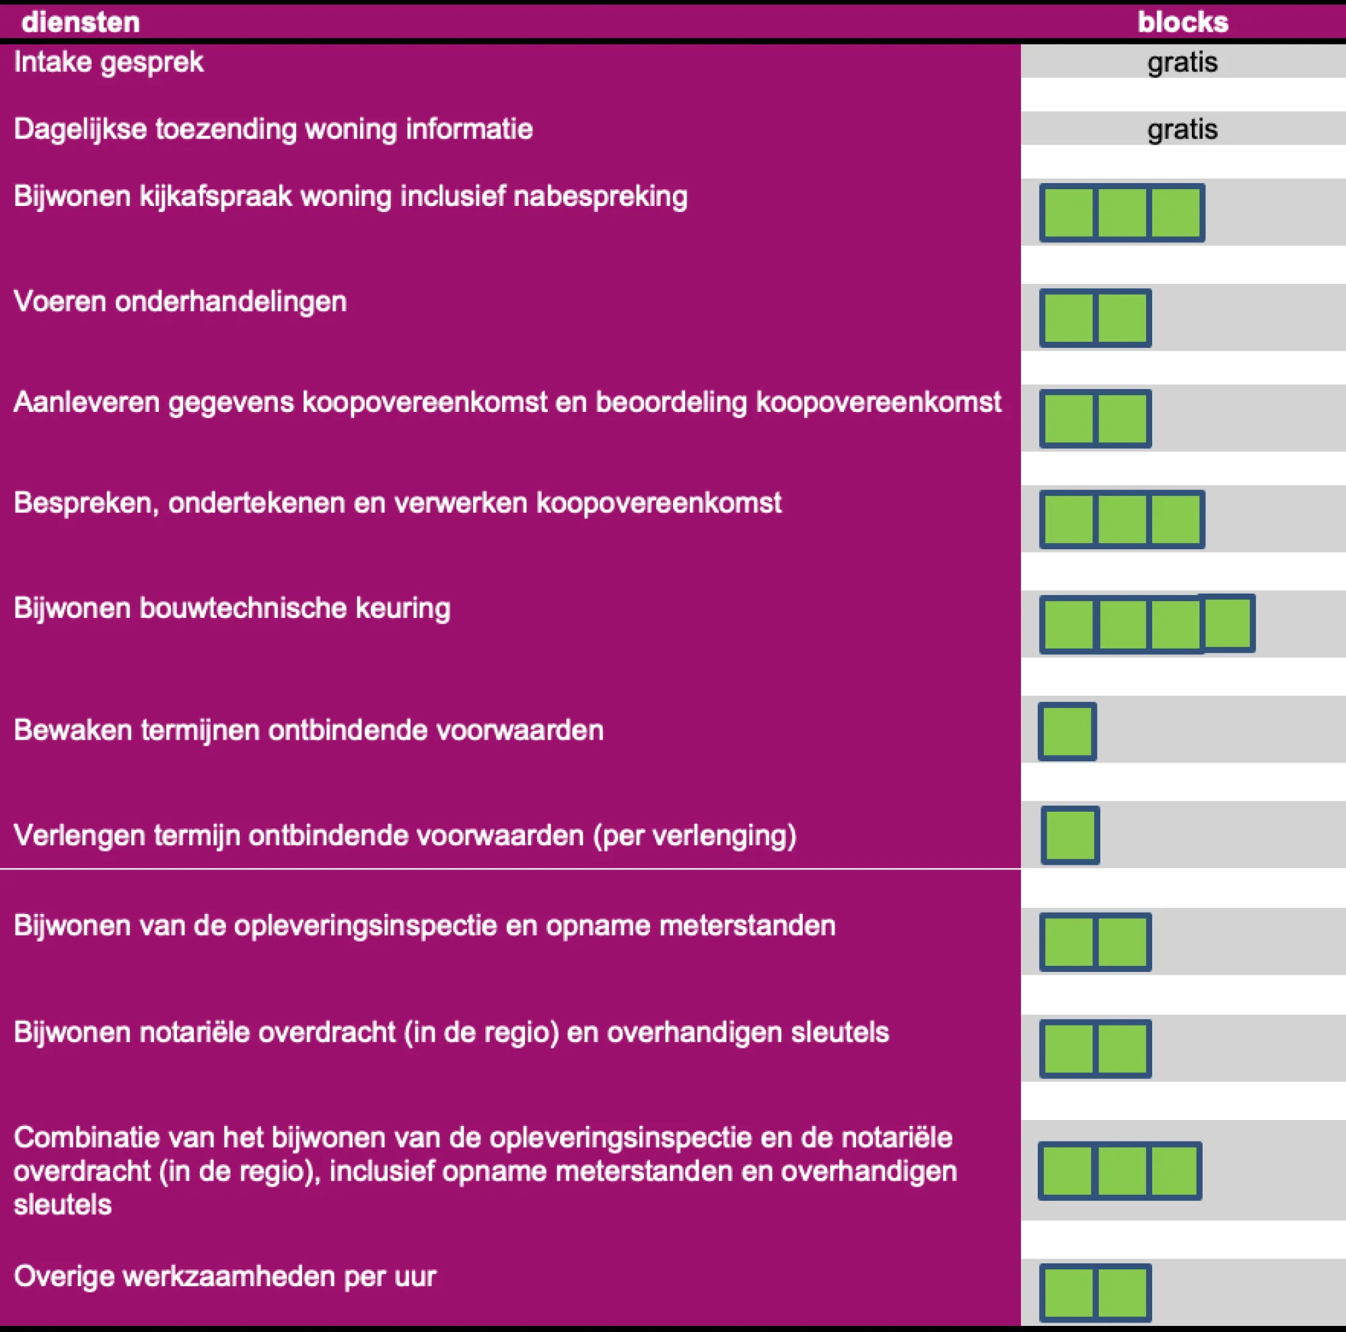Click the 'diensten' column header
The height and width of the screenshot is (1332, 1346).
click(80, 22)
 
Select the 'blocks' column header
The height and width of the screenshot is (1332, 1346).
click(1182, 22)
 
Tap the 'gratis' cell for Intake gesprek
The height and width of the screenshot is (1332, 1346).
click(1182, 63)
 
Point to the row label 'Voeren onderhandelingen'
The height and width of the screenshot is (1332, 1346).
click(180, 302)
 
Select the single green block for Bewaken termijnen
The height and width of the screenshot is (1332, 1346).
click(1067, 731)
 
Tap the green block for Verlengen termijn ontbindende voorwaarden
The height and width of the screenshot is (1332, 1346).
click(1070, 835)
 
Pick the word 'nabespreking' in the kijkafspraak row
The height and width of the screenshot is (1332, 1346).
click(600, 197)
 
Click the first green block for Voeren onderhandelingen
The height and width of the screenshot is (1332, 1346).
click(1069, 318)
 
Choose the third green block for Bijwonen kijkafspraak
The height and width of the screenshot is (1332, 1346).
click(1175, 213)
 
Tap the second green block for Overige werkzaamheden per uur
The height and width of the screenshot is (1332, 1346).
click(1122, 1294)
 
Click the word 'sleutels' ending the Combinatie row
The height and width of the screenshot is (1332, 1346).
click(63, 1205)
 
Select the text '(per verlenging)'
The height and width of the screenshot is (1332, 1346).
click(695, 835)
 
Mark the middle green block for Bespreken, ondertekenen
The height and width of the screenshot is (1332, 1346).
click(1122, 520)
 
